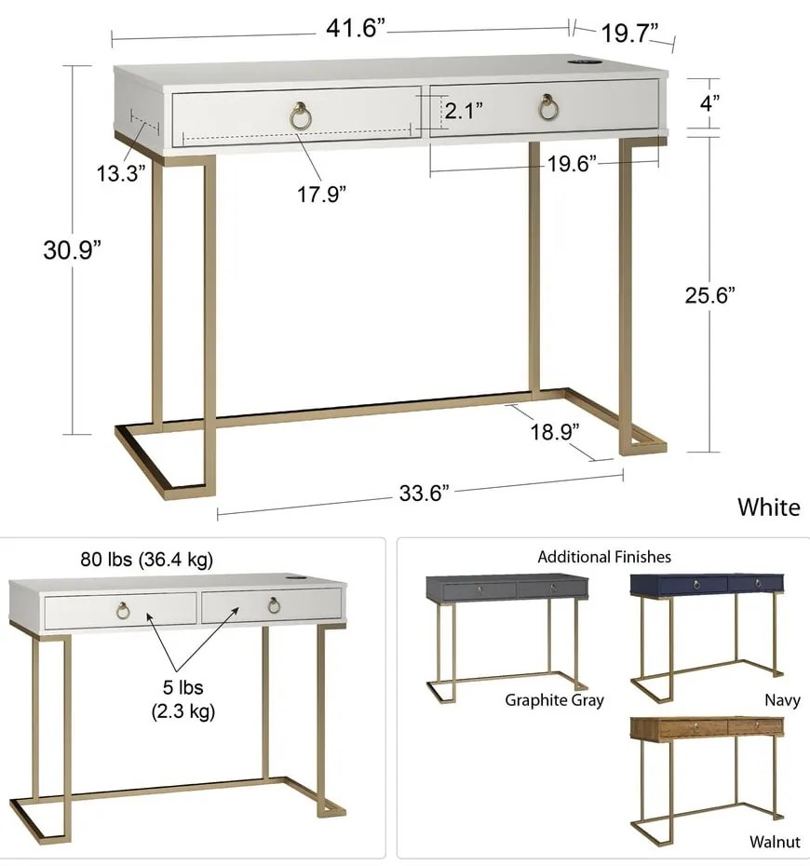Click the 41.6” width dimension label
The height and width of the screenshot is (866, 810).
click(355, 28)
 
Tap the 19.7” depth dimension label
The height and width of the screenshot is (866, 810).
click(628, 34)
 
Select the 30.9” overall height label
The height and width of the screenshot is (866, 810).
click(73, 250)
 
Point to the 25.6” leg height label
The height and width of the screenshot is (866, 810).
click(710, 295)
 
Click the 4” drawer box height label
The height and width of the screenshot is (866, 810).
click(709, 102)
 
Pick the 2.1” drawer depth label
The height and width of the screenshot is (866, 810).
click(464, 111)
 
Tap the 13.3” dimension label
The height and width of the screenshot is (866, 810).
click(121, 173)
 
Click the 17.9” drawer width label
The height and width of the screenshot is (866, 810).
click(322, 194)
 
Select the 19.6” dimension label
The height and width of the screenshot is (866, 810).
click(572, 164)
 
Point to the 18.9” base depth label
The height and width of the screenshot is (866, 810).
click(555, 431)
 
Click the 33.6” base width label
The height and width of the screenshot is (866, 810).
click(424, 493)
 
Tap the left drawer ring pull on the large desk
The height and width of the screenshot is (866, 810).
click(301, 116)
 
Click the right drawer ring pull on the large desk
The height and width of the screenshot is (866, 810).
click(548, 107)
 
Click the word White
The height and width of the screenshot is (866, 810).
click(769, 507)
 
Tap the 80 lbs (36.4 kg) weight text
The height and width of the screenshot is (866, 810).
click(147, 560)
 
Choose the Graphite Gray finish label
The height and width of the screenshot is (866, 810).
click(554, 700)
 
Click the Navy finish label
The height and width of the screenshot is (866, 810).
click(782, 700)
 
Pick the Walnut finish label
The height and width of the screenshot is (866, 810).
click(775, 842)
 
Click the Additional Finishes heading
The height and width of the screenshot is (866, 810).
click(604, 557)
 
